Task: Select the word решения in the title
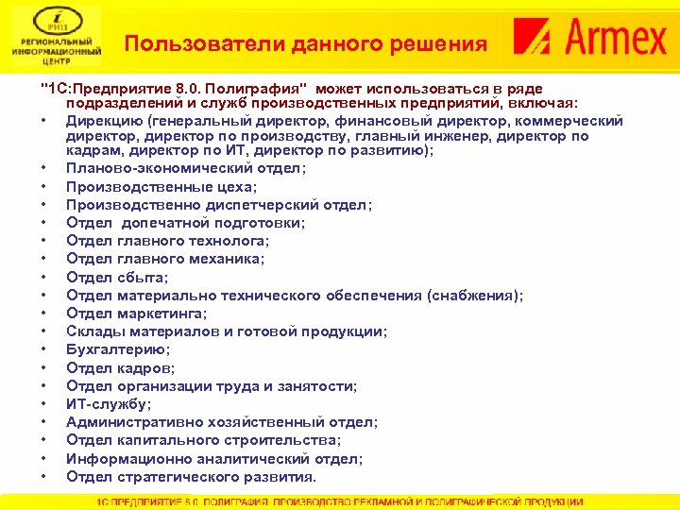pyautogui.click(x=440, y=44)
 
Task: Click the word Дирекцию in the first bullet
pyautogui.click(x=102, y=120)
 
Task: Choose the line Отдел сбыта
pyautogui.click(x=116, y=277)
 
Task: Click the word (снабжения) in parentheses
pyautogui.click(x=473, y=296)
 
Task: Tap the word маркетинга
pyautogui.click(x=158, y=314)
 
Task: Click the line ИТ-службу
pyautogui.click(x=108, y=404)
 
